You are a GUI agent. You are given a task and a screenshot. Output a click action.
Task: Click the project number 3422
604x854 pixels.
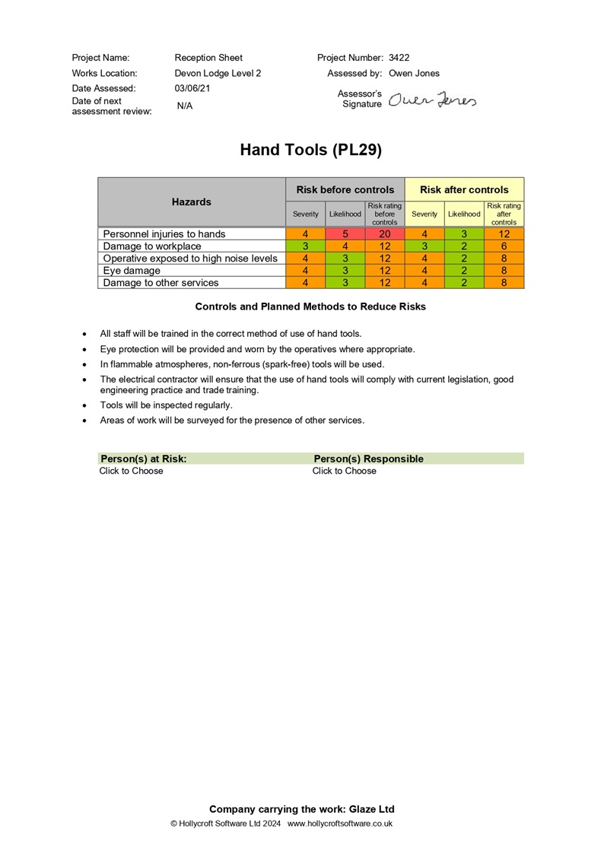pyautogui.click(x=399, y=58)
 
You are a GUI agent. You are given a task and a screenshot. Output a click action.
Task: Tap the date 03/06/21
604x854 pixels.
pyautogui.click(x=192, y=89)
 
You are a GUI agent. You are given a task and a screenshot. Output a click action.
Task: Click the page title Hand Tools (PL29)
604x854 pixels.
pyautogui.click(x=310, y=150)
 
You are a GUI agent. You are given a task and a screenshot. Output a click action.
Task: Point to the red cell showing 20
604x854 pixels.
pyautogui.click(x=384, y=234)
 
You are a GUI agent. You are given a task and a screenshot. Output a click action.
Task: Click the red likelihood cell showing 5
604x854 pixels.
pyautogui.click(x=345, y=234)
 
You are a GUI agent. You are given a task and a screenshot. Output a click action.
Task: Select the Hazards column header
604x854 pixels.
pyautogui.click(x=192, y=202)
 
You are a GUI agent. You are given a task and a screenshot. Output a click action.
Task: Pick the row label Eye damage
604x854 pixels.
pyautogui.click(x=132, y=271)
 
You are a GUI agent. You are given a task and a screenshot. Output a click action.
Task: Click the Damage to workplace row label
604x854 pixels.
pyautogui.click(x=152, y=246)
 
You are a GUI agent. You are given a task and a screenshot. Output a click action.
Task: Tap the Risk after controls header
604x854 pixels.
pyautogui.click(x=464, y=189)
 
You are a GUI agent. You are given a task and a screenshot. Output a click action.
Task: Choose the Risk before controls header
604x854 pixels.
pyautogui.click(x=345, y=189)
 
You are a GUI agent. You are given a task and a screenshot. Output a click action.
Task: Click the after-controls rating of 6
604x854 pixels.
pyautogui.click(x=504, y=246)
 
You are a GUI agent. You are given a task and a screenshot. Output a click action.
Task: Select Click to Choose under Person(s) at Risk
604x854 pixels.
pyautogui.click(x=131, y=471)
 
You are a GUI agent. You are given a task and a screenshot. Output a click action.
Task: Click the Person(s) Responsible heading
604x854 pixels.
pyautogui.click(x=368, y=459)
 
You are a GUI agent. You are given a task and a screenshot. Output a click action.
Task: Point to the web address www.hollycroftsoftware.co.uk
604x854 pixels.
pyautogui.click(x=340, y=824)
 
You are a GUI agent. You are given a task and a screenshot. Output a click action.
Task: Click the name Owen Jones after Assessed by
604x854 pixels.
pyautogui.click(x=414, y=74)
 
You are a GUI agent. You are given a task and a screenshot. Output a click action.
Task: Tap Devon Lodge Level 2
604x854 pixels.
pyautogui.click(x=218, y=74)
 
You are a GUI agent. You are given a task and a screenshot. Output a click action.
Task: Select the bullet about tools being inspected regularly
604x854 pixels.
pyautogui.click(x=167, y=405)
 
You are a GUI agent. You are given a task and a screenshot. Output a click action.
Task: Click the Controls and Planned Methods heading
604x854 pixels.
pyautogui.click(x=310, y=306)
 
